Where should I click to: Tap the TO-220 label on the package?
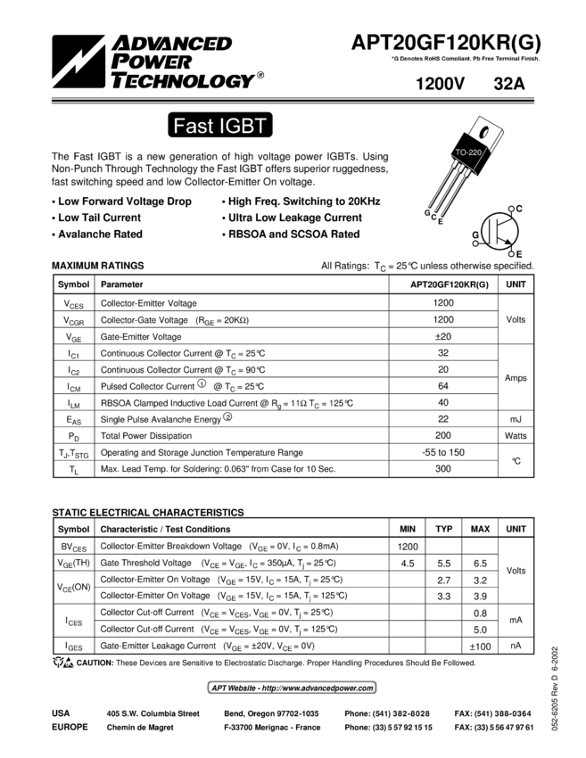[x=468, y=153]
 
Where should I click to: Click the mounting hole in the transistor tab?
[x=486, y=133]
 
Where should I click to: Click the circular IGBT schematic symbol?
[x=499, y=232]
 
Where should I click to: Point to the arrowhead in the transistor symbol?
[x=509, y=240]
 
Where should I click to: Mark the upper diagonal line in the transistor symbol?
[x=502, y=224]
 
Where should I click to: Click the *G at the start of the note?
[x=393, y=59]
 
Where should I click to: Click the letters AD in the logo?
[x=130, y=42]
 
